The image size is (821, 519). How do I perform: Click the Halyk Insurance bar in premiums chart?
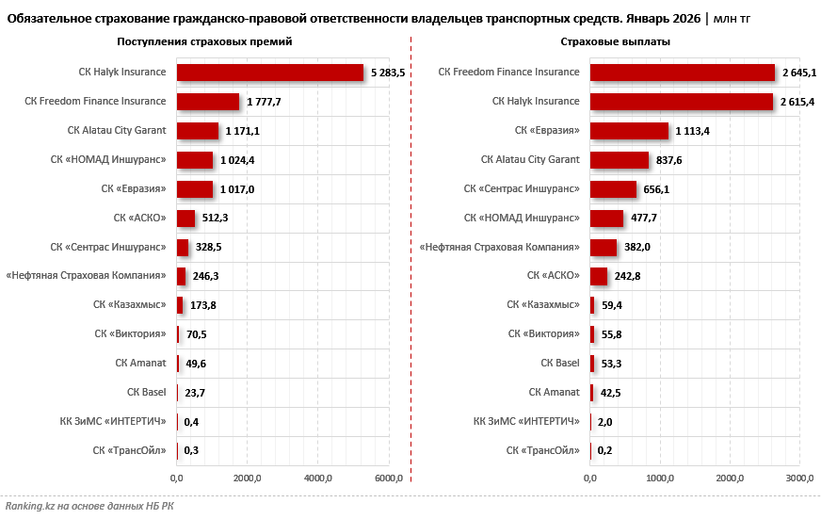point(269,73)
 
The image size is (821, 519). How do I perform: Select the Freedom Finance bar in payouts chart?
point(682,73)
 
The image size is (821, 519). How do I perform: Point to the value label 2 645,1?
point(799,73)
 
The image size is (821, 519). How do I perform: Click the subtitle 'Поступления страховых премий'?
point(204,42)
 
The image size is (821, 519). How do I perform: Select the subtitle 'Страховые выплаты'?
point(616,42)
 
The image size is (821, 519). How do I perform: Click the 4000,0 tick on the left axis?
point(318,479)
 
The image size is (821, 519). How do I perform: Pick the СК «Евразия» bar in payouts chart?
point(629,131)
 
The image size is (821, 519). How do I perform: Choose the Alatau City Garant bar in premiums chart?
point(197,131)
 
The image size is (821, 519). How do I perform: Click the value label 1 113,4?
point(692,131)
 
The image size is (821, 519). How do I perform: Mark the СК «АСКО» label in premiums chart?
point(139,218)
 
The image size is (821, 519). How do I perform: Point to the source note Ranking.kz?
point(89,506)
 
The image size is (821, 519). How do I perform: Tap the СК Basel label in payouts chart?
point(560,363)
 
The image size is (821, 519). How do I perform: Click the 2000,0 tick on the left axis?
point(248,479)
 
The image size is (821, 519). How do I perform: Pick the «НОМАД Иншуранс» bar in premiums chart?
point(194,160)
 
